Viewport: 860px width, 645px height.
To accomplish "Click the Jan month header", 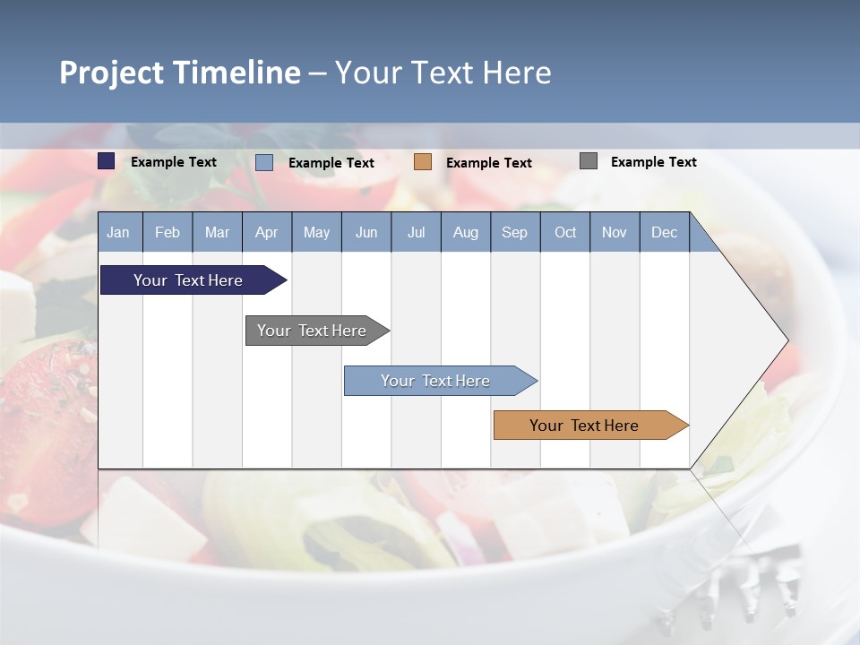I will pos(119,232).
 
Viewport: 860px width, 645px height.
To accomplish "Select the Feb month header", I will pos(168,232).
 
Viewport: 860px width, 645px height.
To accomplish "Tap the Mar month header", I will pos(217,232).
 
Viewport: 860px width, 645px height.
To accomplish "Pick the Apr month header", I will pos(267,232).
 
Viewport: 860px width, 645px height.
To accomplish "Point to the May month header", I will pos(316,232).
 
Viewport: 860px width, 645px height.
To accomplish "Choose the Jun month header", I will pos(366,232).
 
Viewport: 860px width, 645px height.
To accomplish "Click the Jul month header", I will pos(416,232).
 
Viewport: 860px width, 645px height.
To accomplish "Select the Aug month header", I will pos(466,232).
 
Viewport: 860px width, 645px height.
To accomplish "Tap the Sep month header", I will pos(515,232).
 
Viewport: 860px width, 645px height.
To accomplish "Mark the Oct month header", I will pos(565,232).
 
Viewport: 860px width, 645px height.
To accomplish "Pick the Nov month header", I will pos(615,232).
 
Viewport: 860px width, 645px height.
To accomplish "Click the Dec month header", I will pos(665,232).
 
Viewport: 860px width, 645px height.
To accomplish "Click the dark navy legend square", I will pos(107,161).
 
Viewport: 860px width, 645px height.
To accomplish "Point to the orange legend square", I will pos(423,161).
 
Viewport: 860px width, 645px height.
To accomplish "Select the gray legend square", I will pos(589,161).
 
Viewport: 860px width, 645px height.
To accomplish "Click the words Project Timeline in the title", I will pos(180,73).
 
